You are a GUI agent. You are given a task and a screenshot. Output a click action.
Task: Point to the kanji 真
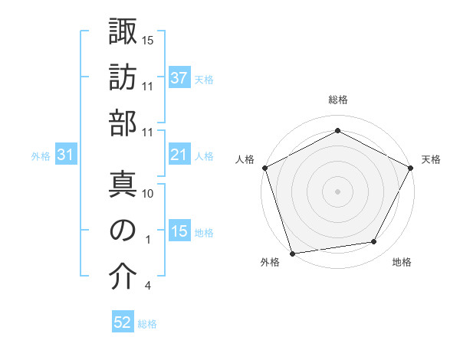pos(123,184)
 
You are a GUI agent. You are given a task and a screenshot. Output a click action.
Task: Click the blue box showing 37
pos(179,78)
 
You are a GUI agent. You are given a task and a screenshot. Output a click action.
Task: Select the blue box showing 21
pos(179,155)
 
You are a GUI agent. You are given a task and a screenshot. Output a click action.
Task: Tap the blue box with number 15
pos(179,232)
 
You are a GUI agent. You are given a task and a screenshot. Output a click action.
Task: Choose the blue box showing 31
pos(65,155)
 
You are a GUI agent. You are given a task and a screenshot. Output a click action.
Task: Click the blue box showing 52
pos(123,322)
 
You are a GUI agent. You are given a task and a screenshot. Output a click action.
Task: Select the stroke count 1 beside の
pos(147,240)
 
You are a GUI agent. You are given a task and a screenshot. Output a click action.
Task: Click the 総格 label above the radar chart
pos(337,100)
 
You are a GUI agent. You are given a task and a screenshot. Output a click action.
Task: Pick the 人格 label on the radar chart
pos(245,159)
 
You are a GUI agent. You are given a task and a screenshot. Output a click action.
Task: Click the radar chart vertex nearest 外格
pos(292,254)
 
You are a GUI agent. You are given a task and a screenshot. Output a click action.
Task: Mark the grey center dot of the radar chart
pos(337,191)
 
